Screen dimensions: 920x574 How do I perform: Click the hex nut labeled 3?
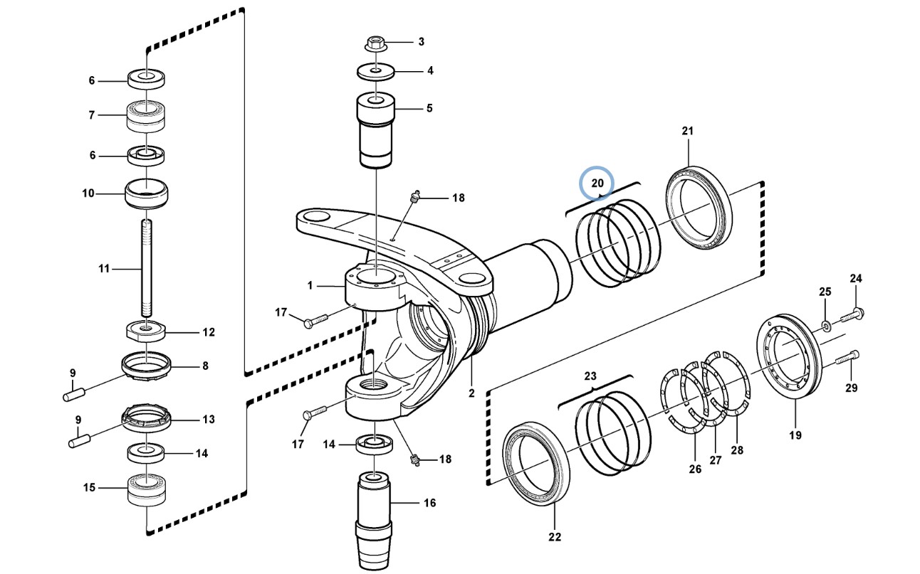pos(375,43)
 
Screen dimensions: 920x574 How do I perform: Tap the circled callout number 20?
pos(597,183)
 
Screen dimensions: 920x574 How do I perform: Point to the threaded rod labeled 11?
pos(147,268)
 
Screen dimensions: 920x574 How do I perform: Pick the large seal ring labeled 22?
pos(536,463)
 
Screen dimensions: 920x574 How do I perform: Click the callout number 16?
pos(429,503)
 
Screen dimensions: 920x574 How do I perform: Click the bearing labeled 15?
pos(147,490)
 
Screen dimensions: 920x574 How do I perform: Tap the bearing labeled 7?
pos(146,117)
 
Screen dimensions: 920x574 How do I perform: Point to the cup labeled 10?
pos(146,194)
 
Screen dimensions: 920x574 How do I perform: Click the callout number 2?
pos(471,393)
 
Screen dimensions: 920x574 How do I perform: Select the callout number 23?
pos(590,376)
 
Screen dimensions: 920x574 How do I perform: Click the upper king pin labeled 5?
pos(375,130)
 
